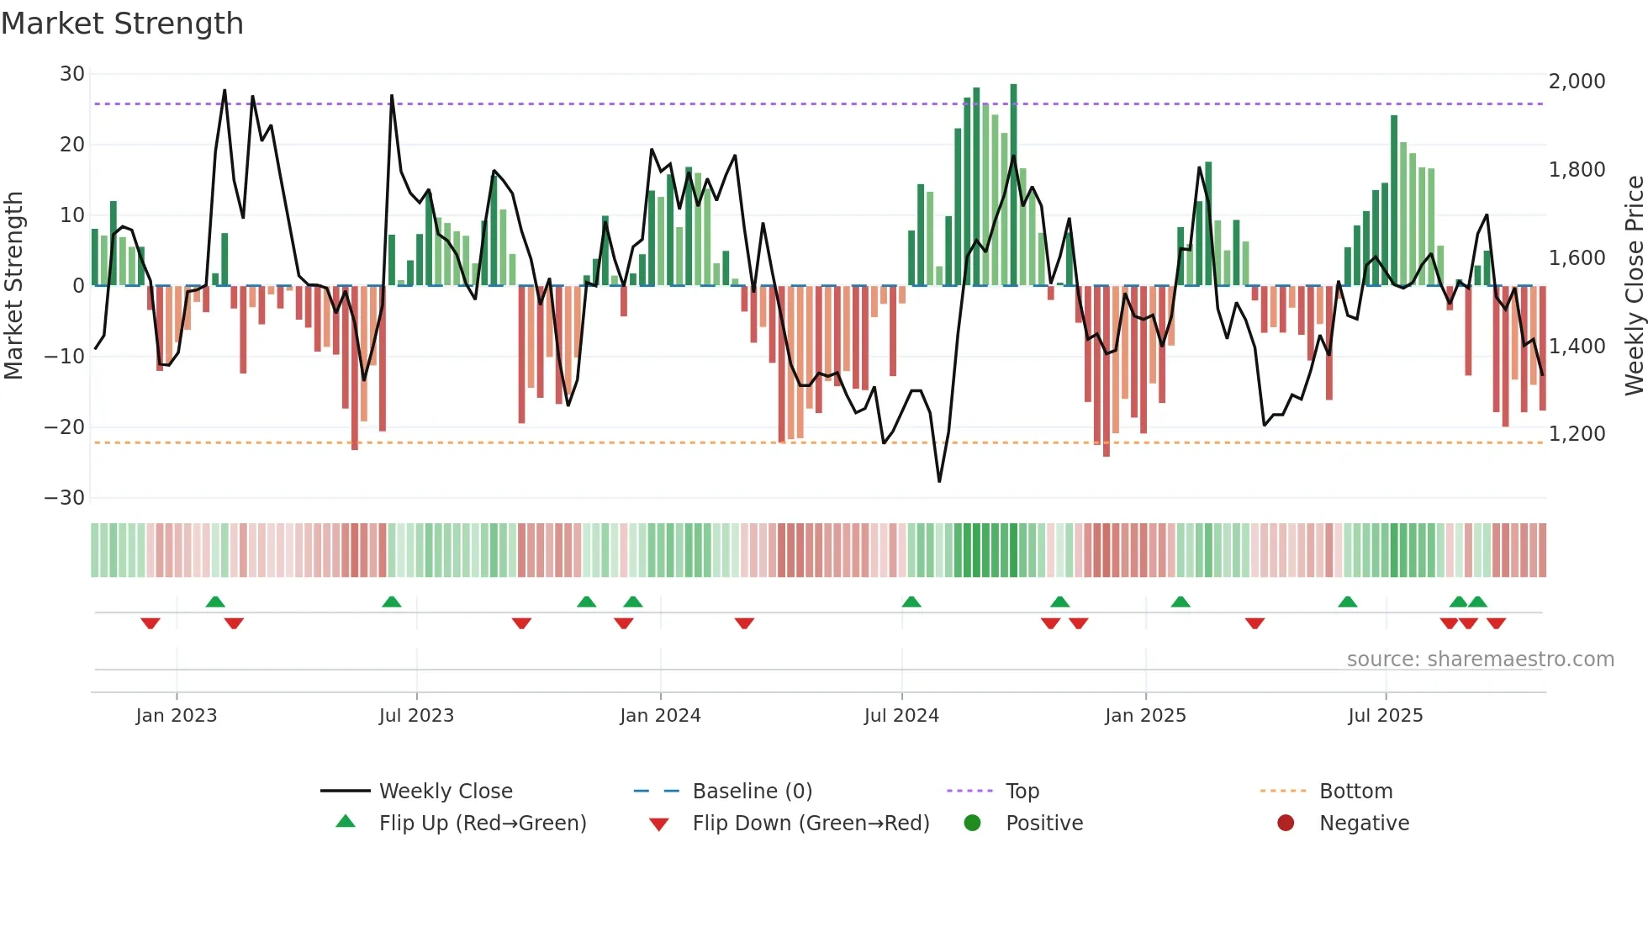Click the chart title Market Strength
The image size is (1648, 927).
(x=123, y=24)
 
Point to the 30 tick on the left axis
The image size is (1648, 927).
(x=72, y=74)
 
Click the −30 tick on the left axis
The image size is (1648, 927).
(x=66, y=498)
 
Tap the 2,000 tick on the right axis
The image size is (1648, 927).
(x=1577, y=82)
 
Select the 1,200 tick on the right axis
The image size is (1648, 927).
(x=1577, y=434)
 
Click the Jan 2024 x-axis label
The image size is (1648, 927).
(x=660, y=716)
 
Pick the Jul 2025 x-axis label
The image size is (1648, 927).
(x=1385, y=716)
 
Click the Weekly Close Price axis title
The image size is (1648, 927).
(x=1634, y=286)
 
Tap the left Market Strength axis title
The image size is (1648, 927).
(x=14, y=286)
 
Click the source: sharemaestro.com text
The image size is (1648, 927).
(x=1480, y=659)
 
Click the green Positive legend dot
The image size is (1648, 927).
(x=973, y=824)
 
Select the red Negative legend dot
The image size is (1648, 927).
(x=1286, y=824)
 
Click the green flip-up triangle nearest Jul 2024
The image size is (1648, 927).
(x=911, y=602)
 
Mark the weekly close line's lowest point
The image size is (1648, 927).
(x=939, y=481)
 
